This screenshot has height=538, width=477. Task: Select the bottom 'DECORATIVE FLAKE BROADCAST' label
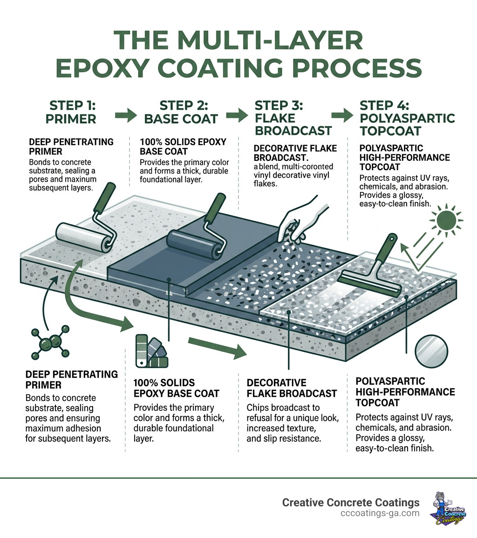coord(291,388)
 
